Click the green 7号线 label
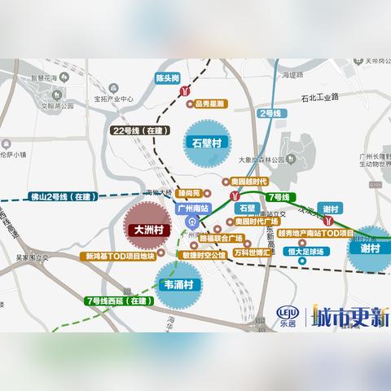(x=278, y=198)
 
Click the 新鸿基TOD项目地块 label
(x=119, y=256)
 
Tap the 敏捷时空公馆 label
(x=208, y=254)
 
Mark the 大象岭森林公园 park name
(x=260, y=160)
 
